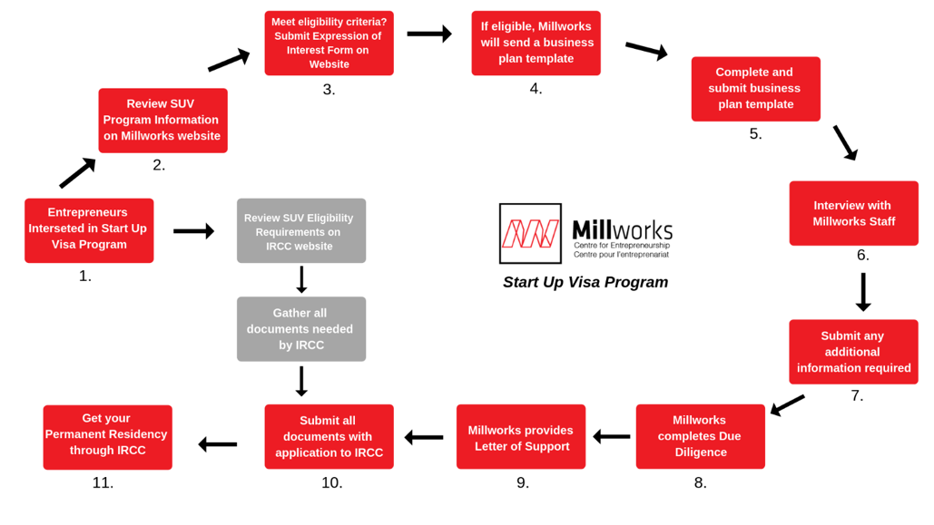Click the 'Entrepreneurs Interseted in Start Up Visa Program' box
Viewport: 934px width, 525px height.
pos(89,230)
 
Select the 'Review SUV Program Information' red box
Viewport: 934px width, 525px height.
pos(162,121)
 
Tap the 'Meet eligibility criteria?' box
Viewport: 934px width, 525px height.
pos(329,43)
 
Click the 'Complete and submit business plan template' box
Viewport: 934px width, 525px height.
pos(755,89)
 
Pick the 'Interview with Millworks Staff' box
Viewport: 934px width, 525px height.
pos(853,213)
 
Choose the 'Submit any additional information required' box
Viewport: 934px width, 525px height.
pos(853,352)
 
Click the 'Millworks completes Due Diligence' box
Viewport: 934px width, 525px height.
pos(701,436)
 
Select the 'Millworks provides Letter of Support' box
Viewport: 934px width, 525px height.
pos(521,436)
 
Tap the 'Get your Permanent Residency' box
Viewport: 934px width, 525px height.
pos(107,437)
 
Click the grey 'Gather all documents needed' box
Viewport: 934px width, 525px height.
pos(301,328)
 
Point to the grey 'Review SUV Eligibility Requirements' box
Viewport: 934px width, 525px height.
pos(301,230)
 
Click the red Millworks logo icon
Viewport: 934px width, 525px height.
pos(530,233)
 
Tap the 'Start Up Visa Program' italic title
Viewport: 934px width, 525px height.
pos(585,282)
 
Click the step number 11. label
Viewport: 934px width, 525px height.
pos(103,482)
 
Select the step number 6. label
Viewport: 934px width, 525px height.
pos(862,255)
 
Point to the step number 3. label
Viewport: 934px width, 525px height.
pos(329,89)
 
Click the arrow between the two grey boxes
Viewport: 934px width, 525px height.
pos(301,280)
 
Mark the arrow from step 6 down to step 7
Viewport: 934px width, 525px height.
pos(863,292)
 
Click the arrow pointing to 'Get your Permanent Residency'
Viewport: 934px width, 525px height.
pos(218,444)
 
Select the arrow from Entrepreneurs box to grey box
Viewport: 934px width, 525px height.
pos(193,231)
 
